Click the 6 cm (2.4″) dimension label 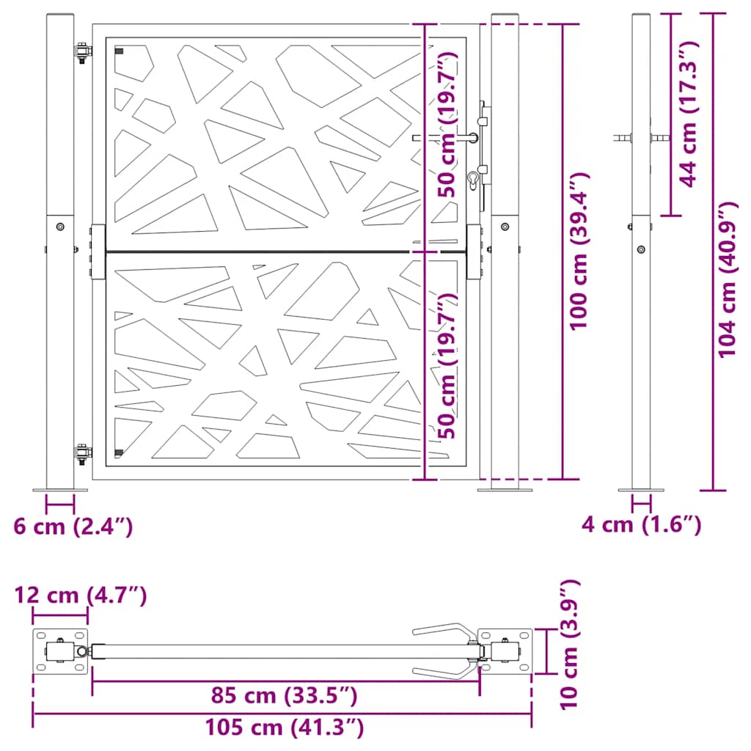pyautogui.click(x=73, y=526)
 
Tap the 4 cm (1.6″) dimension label pyautogui.click(x=641, y=524)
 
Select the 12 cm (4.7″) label pyautogui.click(x=81, y=595)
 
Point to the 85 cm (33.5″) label pyautogui.click(x=284, y=695)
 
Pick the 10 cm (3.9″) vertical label pyautogui.click(x=569, y=644)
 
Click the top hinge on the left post pyautogui.click(x=83, y=54)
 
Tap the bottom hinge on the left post pyautogui.click(x=83, y=453)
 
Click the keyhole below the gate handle pyautogui.click(x=475, y=179)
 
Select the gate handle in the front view pyautogui.click(x=444, y=137)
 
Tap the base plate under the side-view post pyautogui.click(x=641, y=489)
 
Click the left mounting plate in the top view pyautogui.click(x=60, y=651)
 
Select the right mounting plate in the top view pyautogui.click(x=505, y=651)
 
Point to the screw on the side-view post pyautogui.click(x=642, y=249)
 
